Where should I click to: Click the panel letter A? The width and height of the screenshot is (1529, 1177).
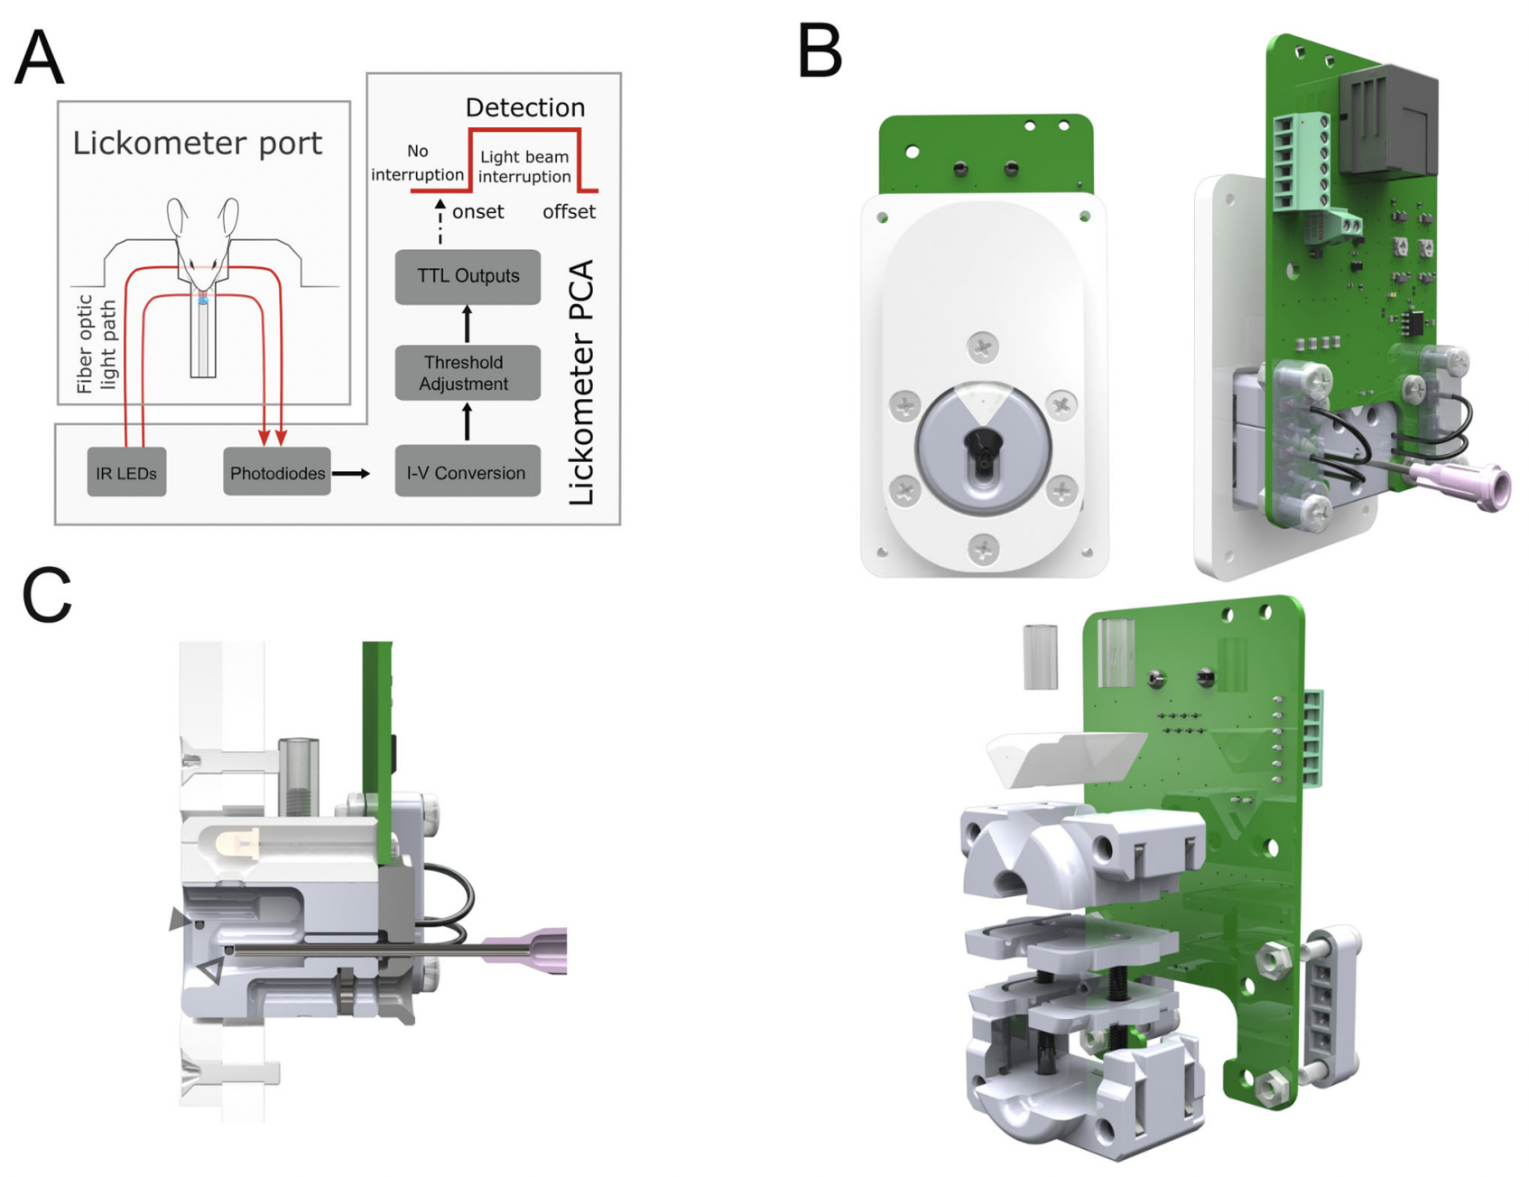click(39, 57)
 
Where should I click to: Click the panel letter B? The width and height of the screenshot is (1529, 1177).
click(819, 51)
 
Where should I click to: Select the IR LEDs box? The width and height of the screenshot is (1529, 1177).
click(126, 472)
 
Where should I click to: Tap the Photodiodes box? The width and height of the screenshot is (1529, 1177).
click(276, 472)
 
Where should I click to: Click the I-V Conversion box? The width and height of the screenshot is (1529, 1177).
click(467, 472)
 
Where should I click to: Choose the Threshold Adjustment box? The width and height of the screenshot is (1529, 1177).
click(467, 373)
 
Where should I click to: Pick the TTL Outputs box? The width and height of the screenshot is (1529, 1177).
click(467, 276)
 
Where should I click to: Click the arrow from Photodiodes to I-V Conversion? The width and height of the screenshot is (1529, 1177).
click(351, 473)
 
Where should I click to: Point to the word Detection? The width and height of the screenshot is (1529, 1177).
click(524, 107)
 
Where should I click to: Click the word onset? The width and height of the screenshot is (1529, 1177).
click(477, 212)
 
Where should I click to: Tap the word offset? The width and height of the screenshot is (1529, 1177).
click(569, 212)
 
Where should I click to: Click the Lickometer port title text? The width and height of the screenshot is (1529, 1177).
click(197, 143)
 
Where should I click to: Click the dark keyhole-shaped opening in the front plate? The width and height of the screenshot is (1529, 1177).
click(983, 449)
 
